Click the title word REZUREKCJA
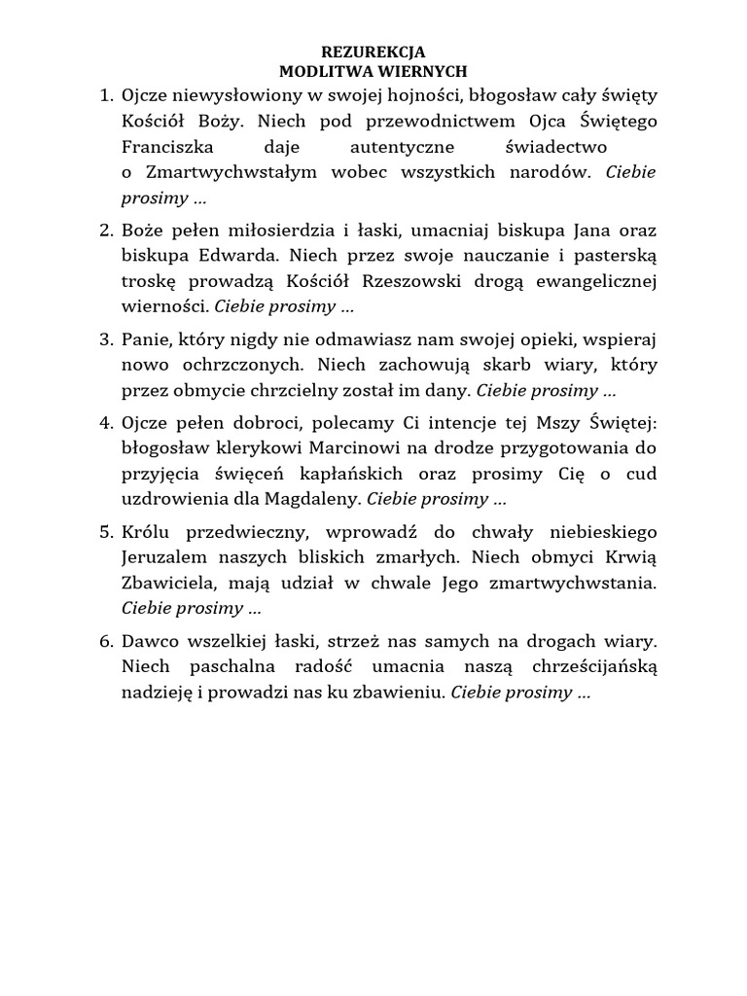coord(373,53)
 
